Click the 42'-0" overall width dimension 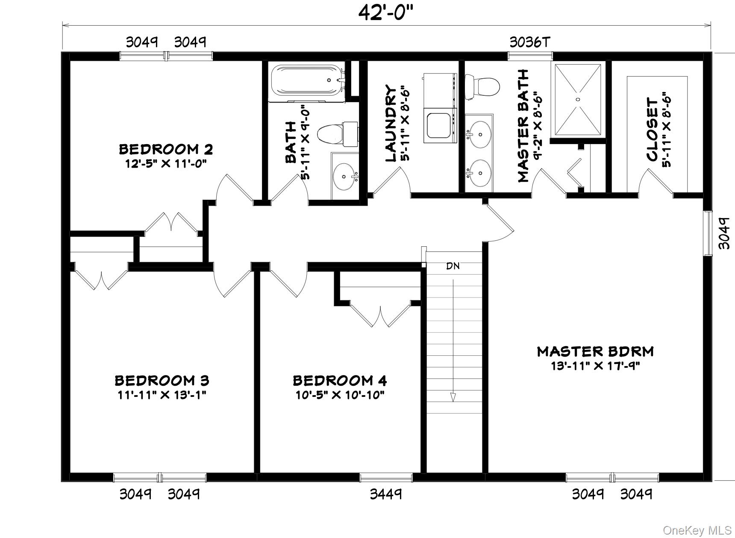[386, 13]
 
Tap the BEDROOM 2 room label [166, 149]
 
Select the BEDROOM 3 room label [162, 380]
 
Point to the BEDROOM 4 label [340, 380]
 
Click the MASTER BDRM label [595, 352]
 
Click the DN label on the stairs [453, 266]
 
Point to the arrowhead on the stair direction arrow [453, 397]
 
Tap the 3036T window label [530, 42]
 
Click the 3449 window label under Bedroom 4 [386, 494]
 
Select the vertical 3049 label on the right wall [723, 233]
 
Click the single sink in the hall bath [345, 176]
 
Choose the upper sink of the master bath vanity [479, 134]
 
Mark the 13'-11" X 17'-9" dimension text [595, 366]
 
